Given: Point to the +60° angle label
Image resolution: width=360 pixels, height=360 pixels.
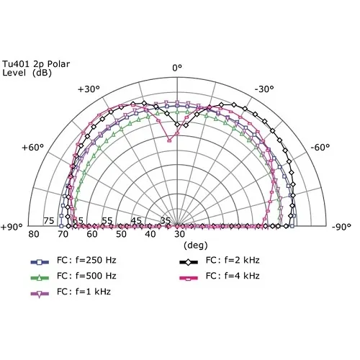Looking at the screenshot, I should click(x=33, y=148).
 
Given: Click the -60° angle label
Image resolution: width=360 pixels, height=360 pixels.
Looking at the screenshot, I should click(x=320, y=148).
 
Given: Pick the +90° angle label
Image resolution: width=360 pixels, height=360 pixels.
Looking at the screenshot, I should click(x=13, y=227).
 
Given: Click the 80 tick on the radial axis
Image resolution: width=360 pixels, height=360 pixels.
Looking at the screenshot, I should click(x=33, y=235).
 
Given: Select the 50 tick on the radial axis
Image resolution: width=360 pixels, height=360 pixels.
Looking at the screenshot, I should click(x=121, y=235).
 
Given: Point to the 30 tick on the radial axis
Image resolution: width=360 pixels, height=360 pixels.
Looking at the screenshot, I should click(x=179, y=235).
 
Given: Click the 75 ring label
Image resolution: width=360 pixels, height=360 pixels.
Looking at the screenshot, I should click(x=49, y=221).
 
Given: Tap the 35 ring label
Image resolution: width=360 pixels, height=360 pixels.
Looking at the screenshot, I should click(x=166, y=221).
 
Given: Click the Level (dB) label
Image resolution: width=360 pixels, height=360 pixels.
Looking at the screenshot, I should click(x=30, y=73).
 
